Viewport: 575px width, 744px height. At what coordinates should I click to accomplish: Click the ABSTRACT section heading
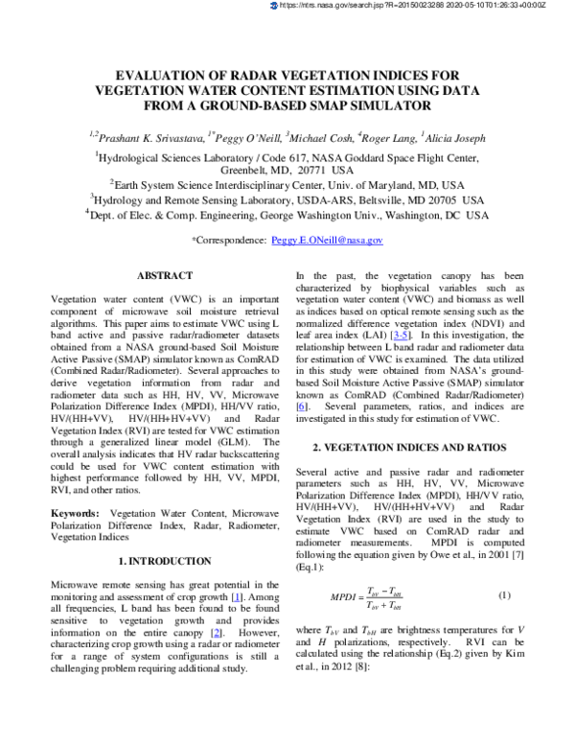pyautogui.click(x=166, y=275)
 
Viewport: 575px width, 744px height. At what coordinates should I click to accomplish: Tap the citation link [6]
pyautogui.click(x=302, y=408)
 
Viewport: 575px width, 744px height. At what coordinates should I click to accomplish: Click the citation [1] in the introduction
pyautogui.click(x=235, y=596)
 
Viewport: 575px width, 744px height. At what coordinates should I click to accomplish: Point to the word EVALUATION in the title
pyautogui.click(x=159, y=74)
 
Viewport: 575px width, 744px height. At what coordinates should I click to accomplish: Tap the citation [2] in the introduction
pyautogui.click(x=218, y=634)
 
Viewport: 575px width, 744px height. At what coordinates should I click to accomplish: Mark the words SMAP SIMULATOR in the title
pyautogui.click(x=367, y=105)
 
